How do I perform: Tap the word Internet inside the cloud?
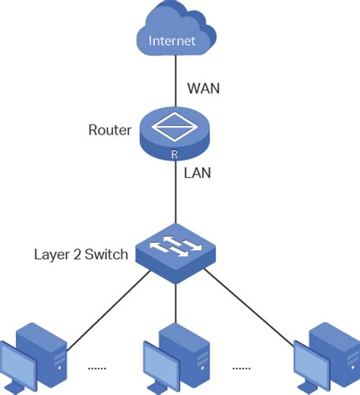[172, 40]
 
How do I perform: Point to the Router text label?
[110, 130]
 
